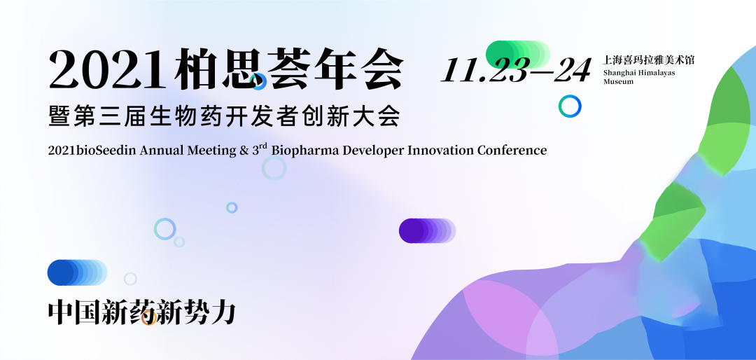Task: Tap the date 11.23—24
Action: tap(516, 71)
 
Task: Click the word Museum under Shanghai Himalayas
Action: tap(618, 81)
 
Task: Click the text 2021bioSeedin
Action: tap(92, 150)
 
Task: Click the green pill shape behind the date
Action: tap(518, 54)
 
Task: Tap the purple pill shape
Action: tap(427, 230)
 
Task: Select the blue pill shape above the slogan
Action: tap(77, 272)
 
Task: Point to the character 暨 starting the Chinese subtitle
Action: tap(59, 116)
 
